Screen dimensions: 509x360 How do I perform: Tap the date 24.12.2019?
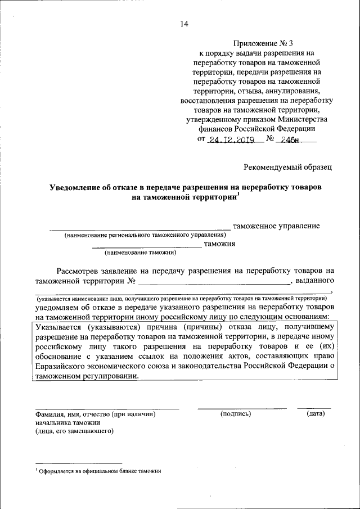coord(232,141)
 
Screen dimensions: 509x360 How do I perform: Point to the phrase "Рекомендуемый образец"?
coord(288,166)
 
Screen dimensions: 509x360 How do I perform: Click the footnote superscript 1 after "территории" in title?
coord(238,194)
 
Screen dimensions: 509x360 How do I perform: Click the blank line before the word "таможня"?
coord(146,246)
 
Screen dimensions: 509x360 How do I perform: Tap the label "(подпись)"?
coord(236,414)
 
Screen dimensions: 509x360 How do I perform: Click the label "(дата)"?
coord(316,414)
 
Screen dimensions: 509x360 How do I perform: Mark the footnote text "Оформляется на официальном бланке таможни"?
coord(100,471)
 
